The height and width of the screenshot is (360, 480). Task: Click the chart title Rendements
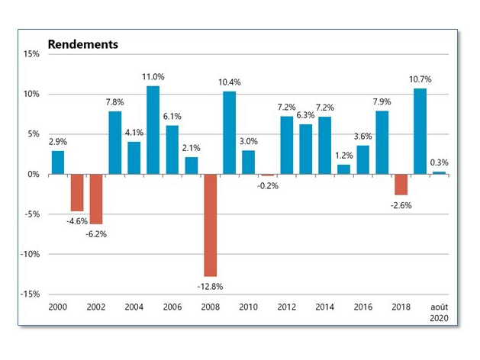pyautogui.click(x=83, y=44)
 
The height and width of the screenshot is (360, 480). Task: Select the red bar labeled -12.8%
pyautogui.click(x=210, y=225)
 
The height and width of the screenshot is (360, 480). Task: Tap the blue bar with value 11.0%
pyautogui.click(x=153, y=130)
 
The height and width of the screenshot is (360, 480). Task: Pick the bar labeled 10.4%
pyautogui.click(x=229, y=133)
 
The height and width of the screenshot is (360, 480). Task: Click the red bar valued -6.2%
pyautogui.click(x=96, y=198)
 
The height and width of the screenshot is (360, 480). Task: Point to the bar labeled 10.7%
pyautogui.click(x=420, y=131)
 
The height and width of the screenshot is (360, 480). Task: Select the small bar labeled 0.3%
pyautogui.click(x=439, y=172)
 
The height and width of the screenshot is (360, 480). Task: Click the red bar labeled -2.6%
pyautogui.click(x=401, y=185)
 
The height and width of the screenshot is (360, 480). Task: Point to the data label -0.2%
pyautogui.click(x=266, y=185)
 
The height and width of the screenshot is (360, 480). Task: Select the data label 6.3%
pyautogui.click(x=304, y=115)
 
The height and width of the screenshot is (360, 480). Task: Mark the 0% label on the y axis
pyautogui.click(x=33, y=174)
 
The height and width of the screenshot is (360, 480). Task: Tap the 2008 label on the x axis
pyautogui.click(x=210, y=306)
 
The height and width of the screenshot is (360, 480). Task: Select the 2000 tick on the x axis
pyautogui.click(x=58, y=306)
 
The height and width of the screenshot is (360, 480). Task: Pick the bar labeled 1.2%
pyautogui.click(x=343, y=169)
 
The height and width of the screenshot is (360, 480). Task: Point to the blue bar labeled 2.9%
pyautogui.click(x=58, y=162)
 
